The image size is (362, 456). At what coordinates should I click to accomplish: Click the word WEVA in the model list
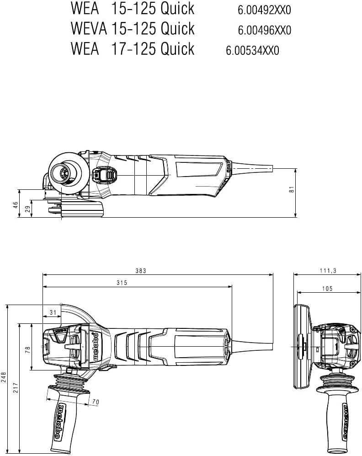[x=89, y=28]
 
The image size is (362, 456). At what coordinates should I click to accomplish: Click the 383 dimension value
[x=141, y=271]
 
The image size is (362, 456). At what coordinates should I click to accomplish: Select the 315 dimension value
[x=122, y=283]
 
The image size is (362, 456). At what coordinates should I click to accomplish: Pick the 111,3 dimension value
[x=328, y=271]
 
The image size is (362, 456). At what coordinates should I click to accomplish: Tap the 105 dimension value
[x=327, y=289]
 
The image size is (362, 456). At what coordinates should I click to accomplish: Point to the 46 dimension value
[x=15, y=205]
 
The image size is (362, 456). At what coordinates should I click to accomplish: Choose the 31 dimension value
[x=53, y=312]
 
